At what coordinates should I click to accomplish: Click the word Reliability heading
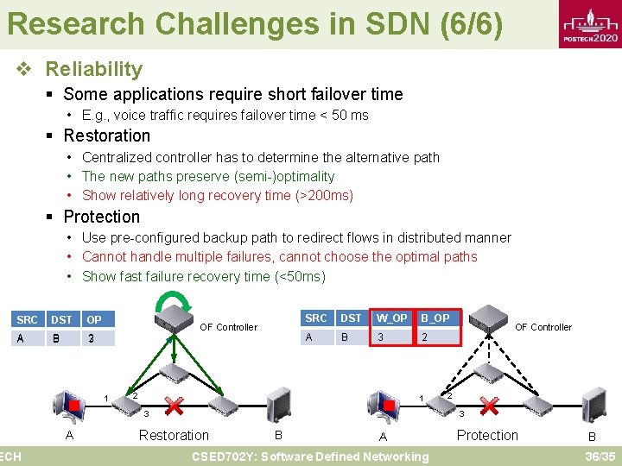pos(93,69)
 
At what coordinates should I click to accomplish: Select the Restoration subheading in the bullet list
pos(106,135)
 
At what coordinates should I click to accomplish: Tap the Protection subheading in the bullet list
pos(101,217)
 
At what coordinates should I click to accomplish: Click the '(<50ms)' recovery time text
pos(297,276)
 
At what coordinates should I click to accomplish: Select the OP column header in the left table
pos(94,319)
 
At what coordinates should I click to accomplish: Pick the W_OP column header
pos(391,318)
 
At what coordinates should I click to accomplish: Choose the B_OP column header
pos(435,318)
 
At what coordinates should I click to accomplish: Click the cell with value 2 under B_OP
pos(424,338)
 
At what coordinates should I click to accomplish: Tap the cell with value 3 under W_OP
pos(379,338)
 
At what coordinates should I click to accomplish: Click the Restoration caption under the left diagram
pos(174,436)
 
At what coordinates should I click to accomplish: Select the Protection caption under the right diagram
pos(487,436)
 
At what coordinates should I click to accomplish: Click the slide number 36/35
pos(599,456)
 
